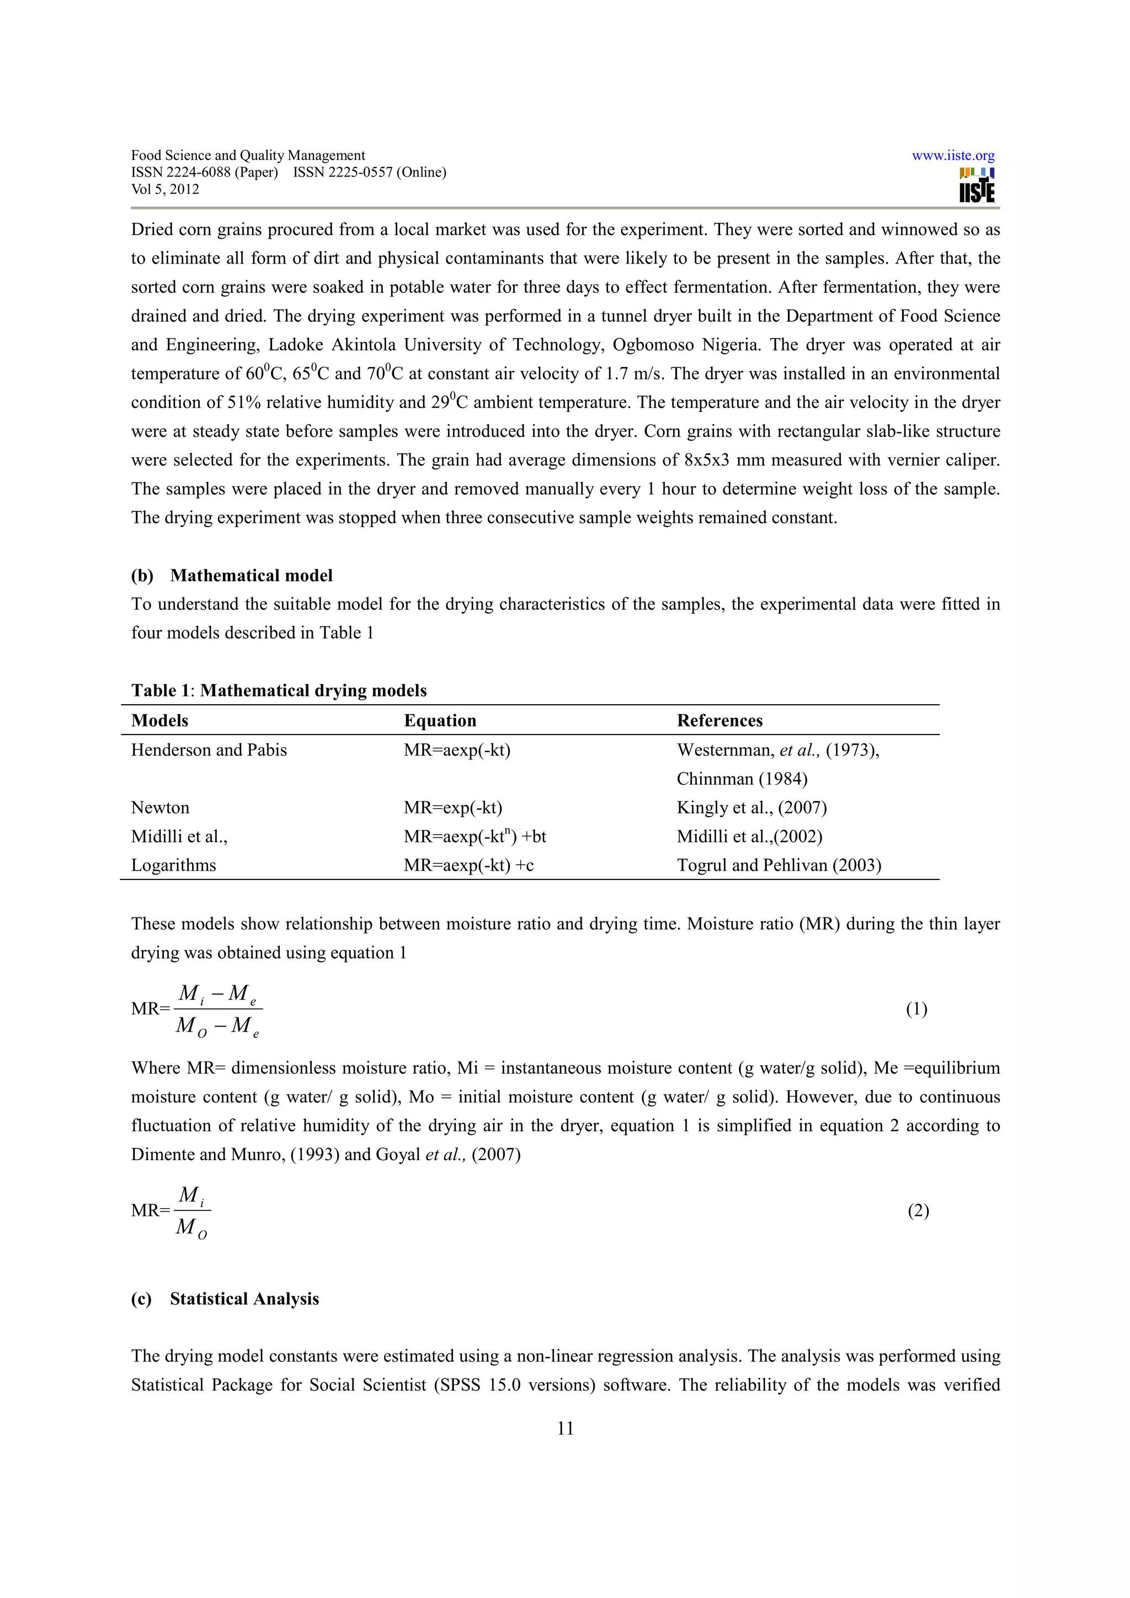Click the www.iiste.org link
coord(952,156)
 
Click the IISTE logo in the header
coord(976,186)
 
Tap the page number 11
coord(564,1429)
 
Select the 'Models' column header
coord(159,720)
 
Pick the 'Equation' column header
coord(440,720)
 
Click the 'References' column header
coord(719,720)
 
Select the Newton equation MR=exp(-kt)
coord(452,808)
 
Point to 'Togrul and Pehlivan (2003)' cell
coord(779,865)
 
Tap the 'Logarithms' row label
coord(173,865)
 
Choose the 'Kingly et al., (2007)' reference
coord(751,808)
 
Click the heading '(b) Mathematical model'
coord(232,576)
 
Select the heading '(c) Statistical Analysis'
coord(225,1299)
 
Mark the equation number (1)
coord(916,1009)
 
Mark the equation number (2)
coord(918,1211)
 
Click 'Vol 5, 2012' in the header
coord(165,189)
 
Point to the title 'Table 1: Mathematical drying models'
coord(279,690)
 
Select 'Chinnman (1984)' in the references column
coord(742,779)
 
